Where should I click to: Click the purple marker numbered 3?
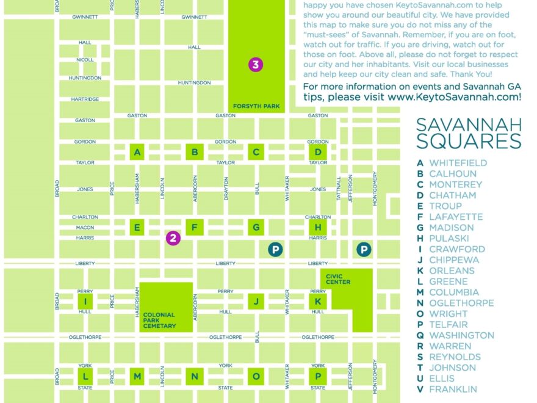[x=256, y=64]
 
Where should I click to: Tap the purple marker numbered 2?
[x=173, y=238]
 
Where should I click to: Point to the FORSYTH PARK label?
[x=256, y=106]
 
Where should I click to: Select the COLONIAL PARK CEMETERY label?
[x=159, y=321]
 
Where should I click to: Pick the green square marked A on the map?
[x=137, y=152]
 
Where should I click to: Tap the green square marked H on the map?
[x=317, y=228]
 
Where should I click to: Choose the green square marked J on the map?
[x=256, y=301]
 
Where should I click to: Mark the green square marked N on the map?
[x=195, y=377]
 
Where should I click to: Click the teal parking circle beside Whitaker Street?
[x=275, y=249]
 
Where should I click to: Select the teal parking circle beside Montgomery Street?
[x=364, y=249]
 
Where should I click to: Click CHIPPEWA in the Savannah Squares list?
[x=454, y=260]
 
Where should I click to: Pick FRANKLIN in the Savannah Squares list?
[x=453, y=389]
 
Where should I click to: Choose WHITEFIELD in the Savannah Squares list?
[x=458, y=163]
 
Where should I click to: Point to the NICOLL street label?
[x=85, y=60]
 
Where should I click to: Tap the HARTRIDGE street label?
[x=85, y=99]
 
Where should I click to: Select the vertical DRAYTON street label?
[x=226, y=189]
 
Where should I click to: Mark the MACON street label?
[x=85, y=228]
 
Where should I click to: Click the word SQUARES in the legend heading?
[x=469, y=142]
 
